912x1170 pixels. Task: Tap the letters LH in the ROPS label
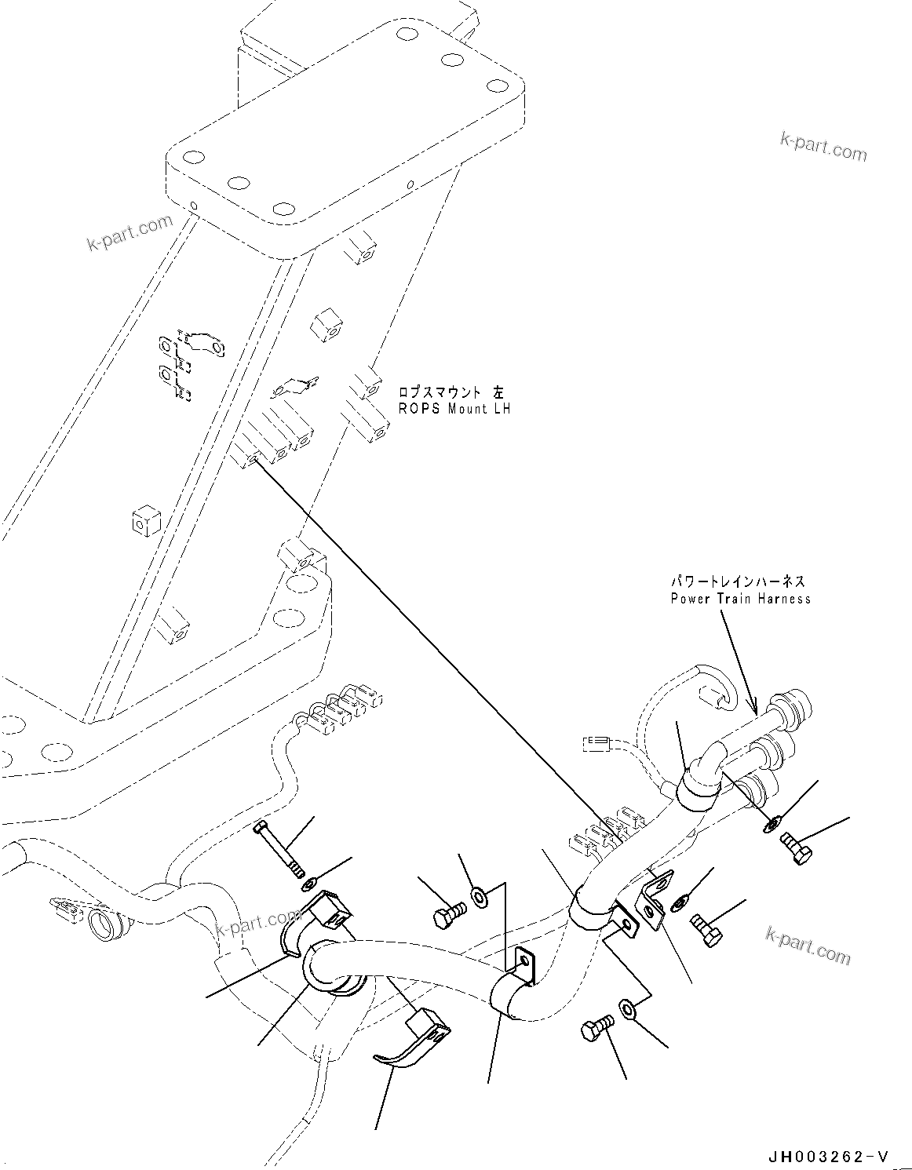(x=501, y=409)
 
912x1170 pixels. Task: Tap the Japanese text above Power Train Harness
(x=737, y=581)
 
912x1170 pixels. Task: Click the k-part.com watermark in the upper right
(x=823, y=146)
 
